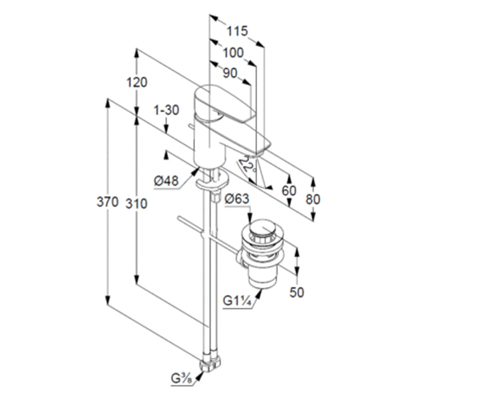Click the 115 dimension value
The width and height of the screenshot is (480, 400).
237,31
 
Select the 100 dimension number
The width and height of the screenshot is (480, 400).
233,53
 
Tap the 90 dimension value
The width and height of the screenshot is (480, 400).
230,73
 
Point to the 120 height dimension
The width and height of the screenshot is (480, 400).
137,82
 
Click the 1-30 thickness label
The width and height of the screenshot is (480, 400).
166,110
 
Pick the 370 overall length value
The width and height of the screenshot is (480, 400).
107,202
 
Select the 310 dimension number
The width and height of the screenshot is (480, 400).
136,204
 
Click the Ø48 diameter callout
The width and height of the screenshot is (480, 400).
166,181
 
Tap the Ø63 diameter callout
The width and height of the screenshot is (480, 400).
237,199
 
